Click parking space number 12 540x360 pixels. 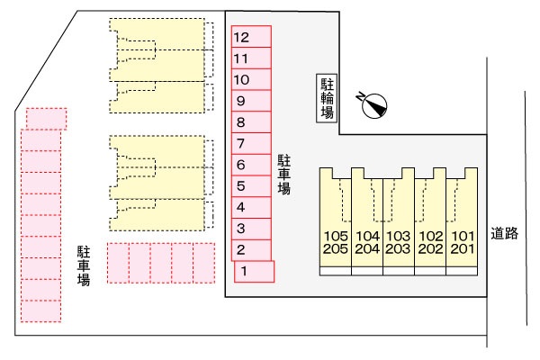[x=251, y=37]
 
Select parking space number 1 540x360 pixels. [x=254, y=272]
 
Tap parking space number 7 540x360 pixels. [x=251, y=143]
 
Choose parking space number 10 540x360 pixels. [x=251, y=79]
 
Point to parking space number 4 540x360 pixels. [x=251, y=207]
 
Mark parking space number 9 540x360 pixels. [x=251, y=101]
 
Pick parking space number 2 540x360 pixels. [x=251, y=250]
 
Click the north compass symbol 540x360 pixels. [x=372, y=104]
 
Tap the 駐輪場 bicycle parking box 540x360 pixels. [x=327, y=98]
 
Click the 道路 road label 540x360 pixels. [x=505, y=234]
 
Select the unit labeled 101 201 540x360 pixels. [x=462, y=222]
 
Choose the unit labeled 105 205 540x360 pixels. [x=336, y=222]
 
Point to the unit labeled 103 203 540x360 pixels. [x=399, y=222]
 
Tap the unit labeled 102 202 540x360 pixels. [x=430, y=222]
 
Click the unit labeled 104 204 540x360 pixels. [x=367, y=222]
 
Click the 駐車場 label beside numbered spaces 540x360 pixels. [x=284, y=175]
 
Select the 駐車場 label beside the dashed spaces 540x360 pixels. [x=84, y=265]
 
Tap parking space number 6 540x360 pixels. [x=251, y=165]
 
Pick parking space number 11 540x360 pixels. [x=251, y=58]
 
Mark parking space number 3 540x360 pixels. [x=251, y=229]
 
